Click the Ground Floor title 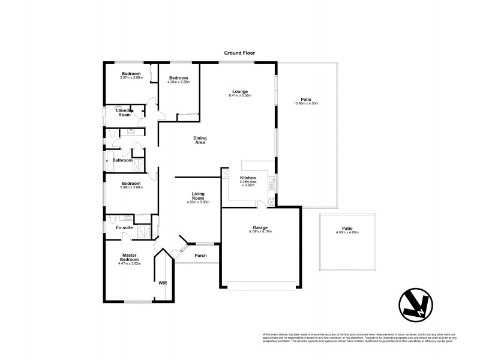tap(240, 53)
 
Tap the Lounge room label tap(240, 91)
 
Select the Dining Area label tap(200, 140)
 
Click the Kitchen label tap(248, 178)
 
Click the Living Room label tap(200, 195)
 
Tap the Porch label tap(200, 256)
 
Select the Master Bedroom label tap(130, 257)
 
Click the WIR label tap(162, 283)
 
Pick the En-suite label tap(124, 227)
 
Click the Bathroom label tap(122, 160)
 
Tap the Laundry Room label tap(124, 112)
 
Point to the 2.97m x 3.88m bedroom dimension tap(131, 77)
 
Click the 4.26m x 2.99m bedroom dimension tap(179, 82)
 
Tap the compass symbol tap(416, 305)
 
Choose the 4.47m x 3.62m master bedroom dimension tap(130, 263)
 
